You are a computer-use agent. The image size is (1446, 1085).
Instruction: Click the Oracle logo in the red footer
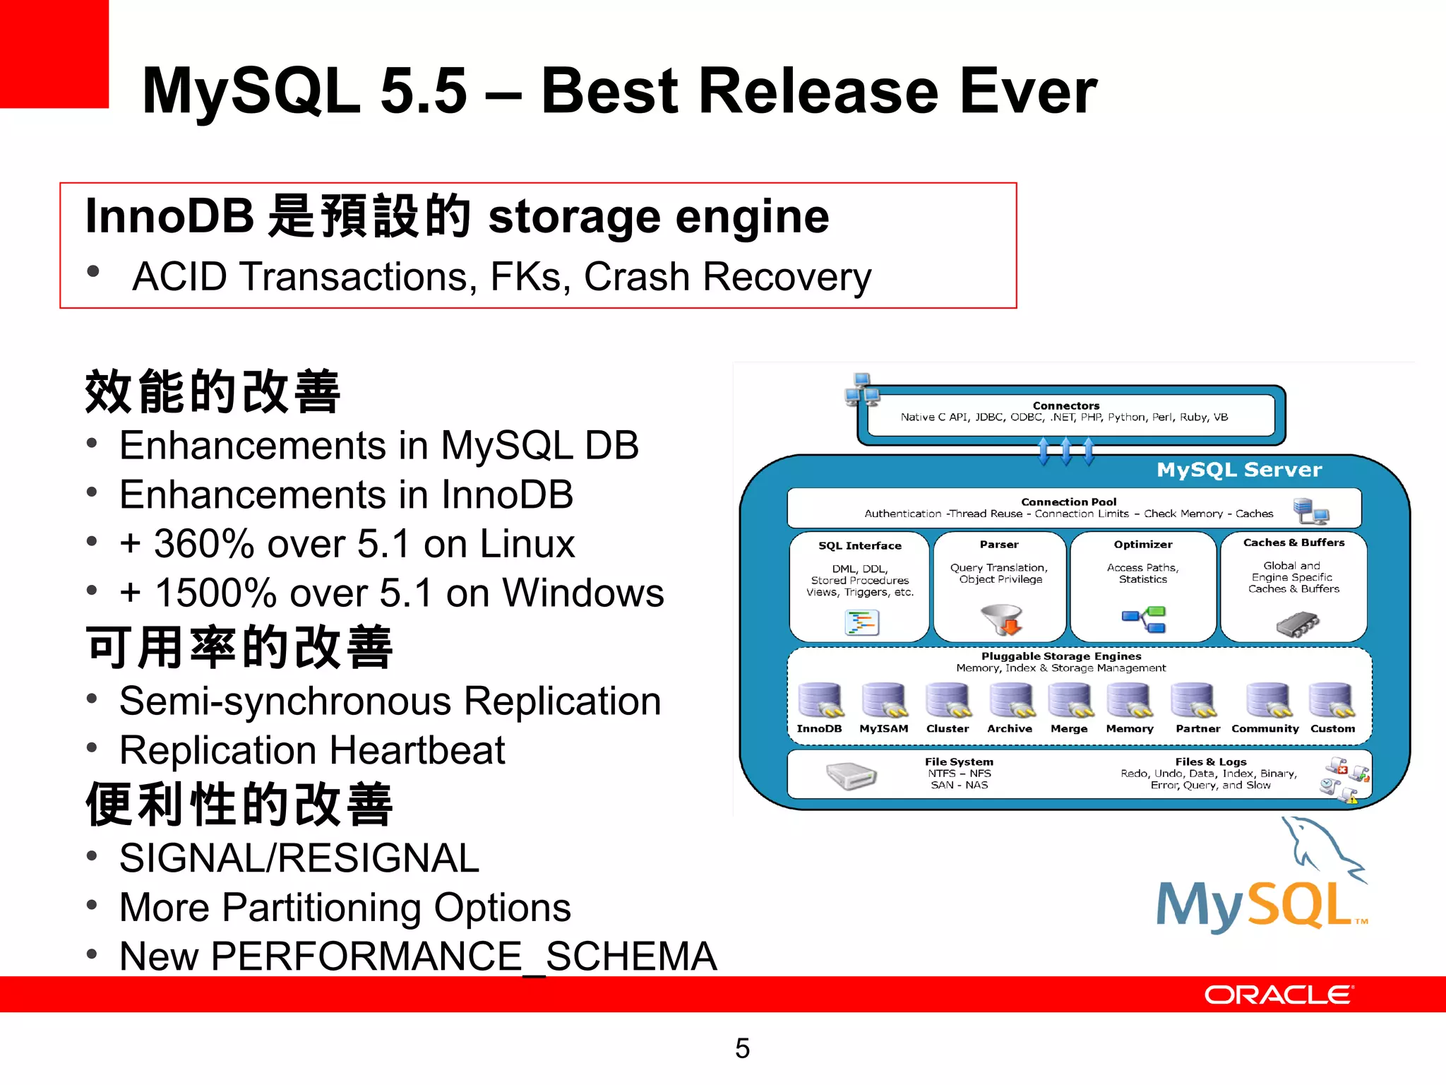pos(1279,995)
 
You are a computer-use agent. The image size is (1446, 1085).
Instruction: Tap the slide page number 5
pos(742,1048)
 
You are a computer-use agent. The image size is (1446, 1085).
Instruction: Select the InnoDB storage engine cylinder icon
pos(820,700)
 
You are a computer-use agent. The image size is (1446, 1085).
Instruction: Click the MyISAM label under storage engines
pos(883,728)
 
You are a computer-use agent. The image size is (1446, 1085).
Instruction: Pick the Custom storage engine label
pos(1332,728)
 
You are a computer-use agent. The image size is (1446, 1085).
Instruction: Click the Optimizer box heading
pos(1142,545)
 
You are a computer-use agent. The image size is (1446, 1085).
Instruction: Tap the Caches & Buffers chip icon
pos(1297,624)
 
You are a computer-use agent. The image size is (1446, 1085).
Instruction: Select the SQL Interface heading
pos(859,545)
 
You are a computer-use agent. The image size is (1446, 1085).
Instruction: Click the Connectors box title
pos(1065,405)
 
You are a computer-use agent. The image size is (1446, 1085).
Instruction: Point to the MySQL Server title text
pos(1239,470)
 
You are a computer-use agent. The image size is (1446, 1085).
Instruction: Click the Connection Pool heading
pos(1068,502)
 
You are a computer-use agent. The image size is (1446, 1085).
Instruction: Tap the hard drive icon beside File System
pos(852,776)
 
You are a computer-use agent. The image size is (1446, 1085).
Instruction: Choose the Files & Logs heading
pos(1210,761)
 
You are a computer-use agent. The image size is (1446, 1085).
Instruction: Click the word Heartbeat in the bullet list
pos(417,750)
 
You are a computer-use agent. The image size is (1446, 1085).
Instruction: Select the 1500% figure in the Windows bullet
pos(215,593)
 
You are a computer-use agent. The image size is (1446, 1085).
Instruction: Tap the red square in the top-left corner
pos(54,54)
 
